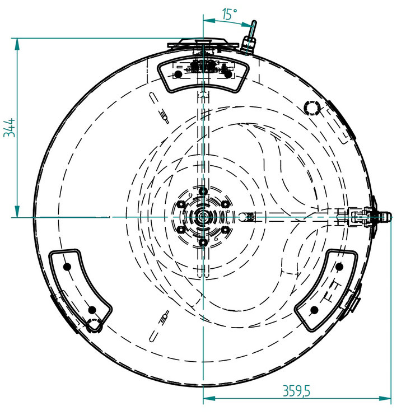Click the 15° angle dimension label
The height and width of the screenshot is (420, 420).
coord(230,14)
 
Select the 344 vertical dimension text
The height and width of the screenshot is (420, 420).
coord(10,128)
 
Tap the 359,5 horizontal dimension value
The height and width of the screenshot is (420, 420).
coord(296,391)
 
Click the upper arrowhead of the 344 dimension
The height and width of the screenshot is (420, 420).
coord(17,44)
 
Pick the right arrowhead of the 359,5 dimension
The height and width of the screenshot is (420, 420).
coord(385,398)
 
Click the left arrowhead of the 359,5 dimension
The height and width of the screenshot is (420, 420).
coord(209,398)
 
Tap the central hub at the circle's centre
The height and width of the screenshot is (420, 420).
coord(203,217)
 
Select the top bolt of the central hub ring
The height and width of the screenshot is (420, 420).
coord(203,192)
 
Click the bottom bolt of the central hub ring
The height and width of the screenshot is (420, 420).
coord(203,242)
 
